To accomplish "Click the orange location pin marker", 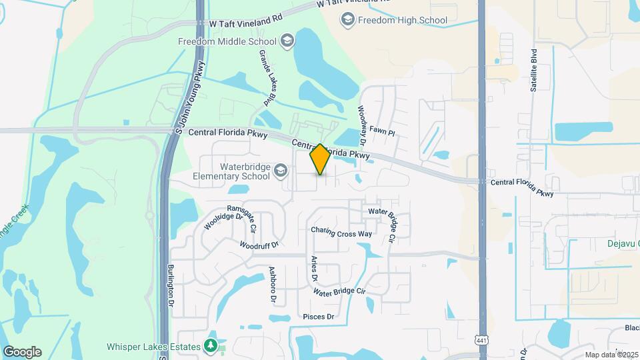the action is point(320,159).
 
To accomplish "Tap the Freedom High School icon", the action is point(347,20).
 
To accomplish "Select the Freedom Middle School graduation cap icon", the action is point(287,41).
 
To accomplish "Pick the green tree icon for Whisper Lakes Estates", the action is point(211,346).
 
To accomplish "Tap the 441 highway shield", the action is point(481,341).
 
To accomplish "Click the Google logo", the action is point(22,352).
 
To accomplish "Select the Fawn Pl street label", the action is point(383,133).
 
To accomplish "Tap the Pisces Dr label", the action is point(318,316).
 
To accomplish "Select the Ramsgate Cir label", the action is point(241,217).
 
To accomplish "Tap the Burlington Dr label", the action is point(171,285).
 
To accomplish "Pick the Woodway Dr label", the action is point(362,125).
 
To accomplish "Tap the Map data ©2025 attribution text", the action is point(611,354).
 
